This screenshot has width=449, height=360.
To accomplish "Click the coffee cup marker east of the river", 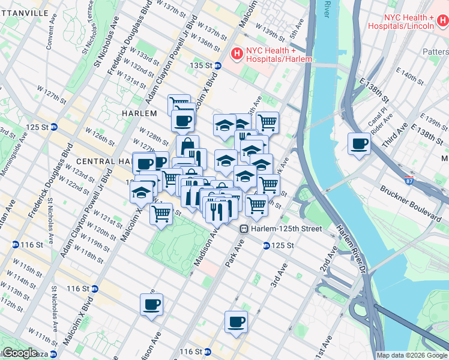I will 360,144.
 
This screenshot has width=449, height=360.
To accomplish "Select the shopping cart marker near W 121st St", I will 161,212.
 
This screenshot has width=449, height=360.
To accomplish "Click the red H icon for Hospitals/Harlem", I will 237,55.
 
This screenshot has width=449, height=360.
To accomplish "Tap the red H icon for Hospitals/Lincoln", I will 442,22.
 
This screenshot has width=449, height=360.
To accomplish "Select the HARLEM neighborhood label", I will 139,113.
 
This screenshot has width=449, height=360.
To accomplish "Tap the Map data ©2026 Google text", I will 412,355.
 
